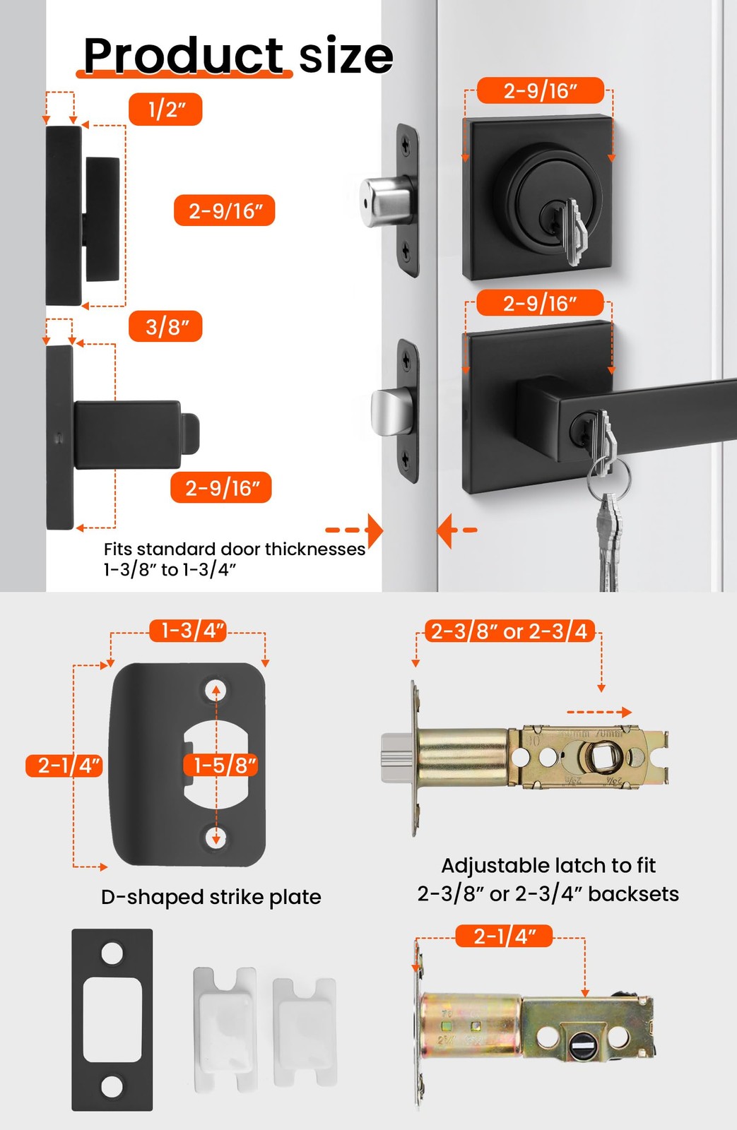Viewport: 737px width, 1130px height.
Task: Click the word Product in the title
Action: [183, 56]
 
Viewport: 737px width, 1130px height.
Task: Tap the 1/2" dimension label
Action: [165, 109]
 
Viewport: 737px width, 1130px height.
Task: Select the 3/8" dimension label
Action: [165, 326]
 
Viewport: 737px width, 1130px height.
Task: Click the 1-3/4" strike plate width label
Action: [188, 630]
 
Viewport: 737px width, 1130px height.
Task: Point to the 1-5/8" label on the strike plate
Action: [220, 765]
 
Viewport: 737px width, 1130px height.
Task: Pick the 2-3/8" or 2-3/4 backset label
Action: [510, 631]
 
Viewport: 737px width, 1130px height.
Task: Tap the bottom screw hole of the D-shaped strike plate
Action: [216, 838]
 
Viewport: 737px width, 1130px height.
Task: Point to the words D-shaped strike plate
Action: [211, 898]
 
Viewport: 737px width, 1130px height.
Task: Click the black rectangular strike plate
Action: [112, 1020]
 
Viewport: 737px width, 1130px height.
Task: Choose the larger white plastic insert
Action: [225, 1028]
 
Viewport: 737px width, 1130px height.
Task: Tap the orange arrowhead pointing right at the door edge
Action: [375, 530]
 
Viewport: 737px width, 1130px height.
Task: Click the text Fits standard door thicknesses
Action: [234, 549]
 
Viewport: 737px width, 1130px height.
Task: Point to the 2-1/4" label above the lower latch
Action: [504, 936]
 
